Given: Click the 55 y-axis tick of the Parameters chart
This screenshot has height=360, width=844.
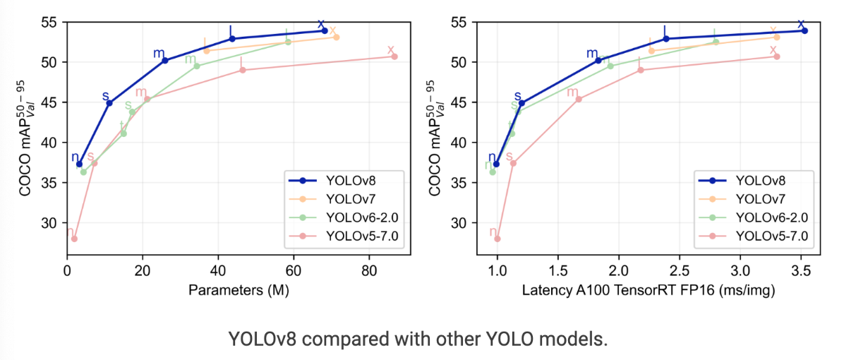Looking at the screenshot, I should (x=52, y=23).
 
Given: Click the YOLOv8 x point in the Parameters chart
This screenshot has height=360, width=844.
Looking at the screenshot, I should (x=324, y=30).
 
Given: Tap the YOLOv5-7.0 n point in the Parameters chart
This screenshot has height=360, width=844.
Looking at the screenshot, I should (x=74, y=239).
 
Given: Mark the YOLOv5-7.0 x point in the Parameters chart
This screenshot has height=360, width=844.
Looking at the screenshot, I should (x=394, y=56).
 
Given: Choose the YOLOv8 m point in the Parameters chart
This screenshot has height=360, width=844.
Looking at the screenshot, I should (x=165, y=61).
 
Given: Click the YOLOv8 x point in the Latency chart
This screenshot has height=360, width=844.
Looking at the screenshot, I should (x=804, y=30).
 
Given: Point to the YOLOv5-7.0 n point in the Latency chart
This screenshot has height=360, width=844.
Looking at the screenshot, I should (x=497, y=239).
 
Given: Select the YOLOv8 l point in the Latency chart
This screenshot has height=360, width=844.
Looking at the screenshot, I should (x=665, y=38).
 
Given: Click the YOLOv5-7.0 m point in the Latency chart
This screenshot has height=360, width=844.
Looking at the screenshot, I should (x=579, y=100).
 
